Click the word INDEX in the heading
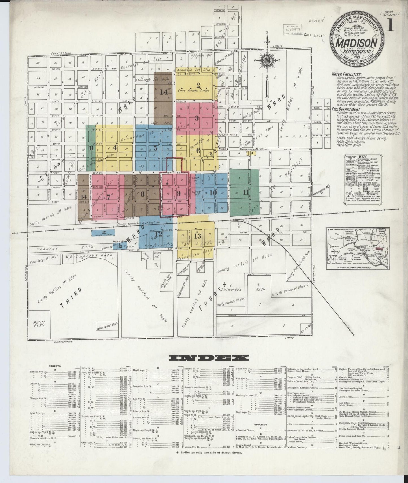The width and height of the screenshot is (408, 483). (x=209, y=358)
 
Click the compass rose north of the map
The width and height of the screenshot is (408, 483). (x=266, y=60)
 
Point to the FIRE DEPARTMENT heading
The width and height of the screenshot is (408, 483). (x=348, y=109)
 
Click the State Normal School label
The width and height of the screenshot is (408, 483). (x=193, y=91)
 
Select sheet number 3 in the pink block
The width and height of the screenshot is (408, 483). (x=197, y=118)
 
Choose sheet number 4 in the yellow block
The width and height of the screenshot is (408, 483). (x=115, y=147)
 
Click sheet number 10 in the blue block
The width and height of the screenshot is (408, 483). (x=213, y=193)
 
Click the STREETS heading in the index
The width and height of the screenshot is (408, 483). (x=54, y=366)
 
